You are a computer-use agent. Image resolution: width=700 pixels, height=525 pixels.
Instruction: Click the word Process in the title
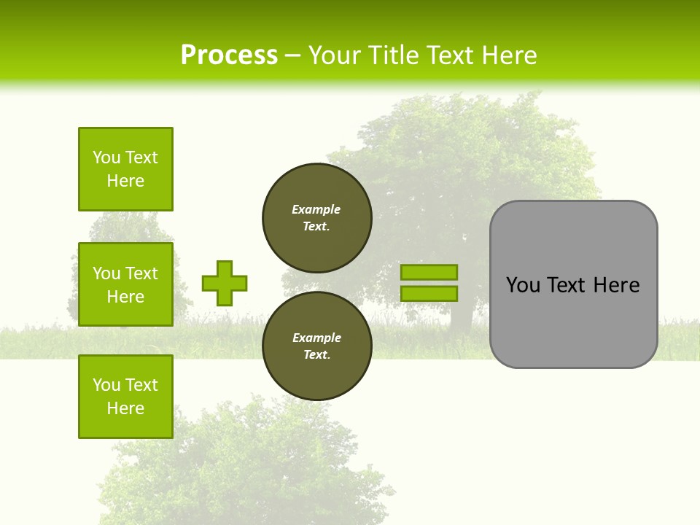(x=229, y=55)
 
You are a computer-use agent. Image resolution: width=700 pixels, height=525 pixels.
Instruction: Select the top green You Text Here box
(x=125, y=169)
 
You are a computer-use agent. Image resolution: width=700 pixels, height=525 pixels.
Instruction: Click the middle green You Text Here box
(x=125, y=284)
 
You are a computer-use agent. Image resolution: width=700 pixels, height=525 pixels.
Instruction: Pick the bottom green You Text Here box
(x=125, y=397)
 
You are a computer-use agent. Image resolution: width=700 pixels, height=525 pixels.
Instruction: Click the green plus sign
(x=225, y=283)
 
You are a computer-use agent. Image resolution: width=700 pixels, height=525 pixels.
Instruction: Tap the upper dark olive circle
(x=317, y=218)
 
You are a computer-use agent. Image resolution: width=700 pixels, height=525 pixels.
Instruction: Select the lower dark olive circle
(x=317, y=346)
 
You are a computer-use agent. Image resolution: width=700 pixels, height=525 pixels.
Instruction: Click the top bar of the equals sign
(x=429, y=272)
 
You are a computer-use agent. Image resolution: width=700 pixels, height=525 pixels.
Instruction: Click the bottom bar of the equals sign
(x=429, y=293)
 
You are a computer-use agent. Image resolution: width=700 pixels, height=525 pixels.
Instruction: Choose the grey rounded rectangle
(x=573, y=321)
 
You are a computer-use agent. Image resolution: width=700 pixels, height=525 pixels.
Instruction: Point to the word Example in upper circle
(x=316, y=209)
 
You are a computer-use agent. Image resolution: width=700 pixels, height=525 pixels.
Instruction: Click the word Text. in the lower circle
(x=316, y=355)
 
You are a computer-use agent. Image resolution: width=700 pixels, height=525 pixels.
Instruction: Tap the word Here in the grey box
(x=616, y=285)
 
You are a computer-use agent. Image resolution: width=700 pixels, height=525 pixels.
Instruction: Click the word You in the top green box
(x=106, y=157)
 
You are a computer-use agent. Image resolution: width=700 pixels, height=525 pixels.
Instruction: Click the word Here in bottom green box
(x=125, y=408)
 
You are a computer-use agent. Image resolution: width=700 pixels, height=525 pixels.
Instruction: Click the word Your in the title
(x=335, y=55)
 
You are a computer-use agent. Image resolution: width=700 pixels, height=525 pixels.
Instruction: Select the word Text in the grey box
(x=567, y=285)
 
